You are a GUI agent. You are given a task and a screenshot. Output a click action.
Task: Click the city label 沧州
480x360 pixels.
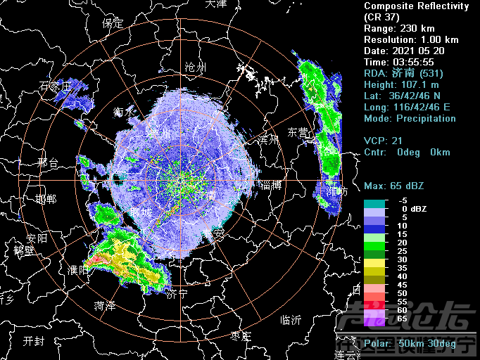click(x=194, y=67)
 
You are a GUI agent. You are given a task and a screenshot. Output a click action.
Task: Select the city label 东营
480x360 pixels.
click(x=298, y=132)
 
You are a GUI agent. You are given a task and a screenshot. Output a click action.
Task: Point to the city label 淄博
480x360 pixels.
click(x=270, y=186)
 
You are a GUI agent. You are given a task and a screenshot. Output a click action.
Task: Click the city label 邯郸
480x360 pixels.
click(x=46, y=199)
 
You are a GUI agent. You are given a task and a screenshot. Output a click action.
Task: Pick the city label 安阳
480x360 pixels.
click(x=37, y=238)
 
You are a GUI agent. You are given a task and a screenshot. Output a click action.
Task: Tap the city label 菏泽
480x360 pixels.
click(x=105, y=306)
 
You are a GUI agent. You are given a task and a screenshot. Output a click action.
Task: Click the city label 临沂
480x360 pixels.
click(x=291, y=320)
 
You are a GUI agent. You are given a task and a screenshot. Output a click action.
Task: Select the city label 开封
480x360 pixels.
click(x=33, y=341)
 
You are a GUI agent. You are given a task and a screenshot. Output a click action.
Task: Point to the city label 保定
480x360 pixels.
click(x=113, y=23)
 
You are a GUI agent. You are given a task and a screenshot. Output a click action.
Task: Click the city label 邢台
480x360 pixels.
click(x=48, y=163)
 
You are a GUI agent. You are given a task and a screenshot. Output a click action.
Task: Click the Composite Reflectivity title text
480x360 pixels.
click(x=416, y=6)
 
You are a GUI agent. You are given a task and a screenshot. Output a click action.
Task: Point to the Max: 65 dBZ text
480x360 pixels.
click(x=394, y=186)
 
